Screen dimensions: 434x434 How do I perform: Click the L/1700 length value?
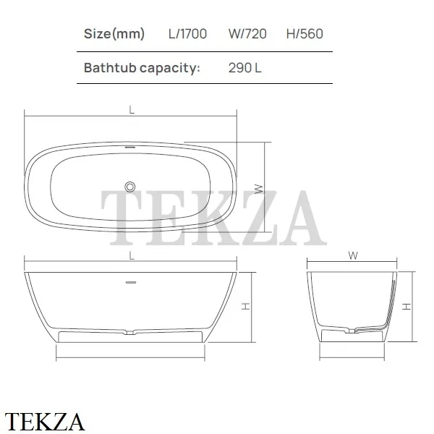pos(187,34)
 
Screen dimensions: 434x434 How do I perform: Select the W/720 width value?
pos(247,34)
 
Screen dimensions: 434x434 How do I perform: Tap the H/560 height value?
pos(305,34)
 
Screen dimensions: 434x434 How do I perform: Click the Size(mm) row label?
pos(114,34)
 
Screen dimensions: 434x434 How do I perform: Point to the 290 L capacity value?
pos(245,68)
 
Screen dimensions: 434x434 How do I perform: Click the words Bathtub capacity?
pos(142,68)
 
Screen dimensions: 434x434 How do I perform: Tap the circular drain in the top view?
pos(129,187)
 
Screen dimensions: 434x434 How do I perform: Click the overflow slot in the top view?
pos(129,148)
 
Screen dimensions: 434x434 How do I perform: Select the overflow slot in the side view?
pos(131,282)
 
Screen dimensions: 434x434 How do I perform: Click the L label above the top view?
pos(132,110)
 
